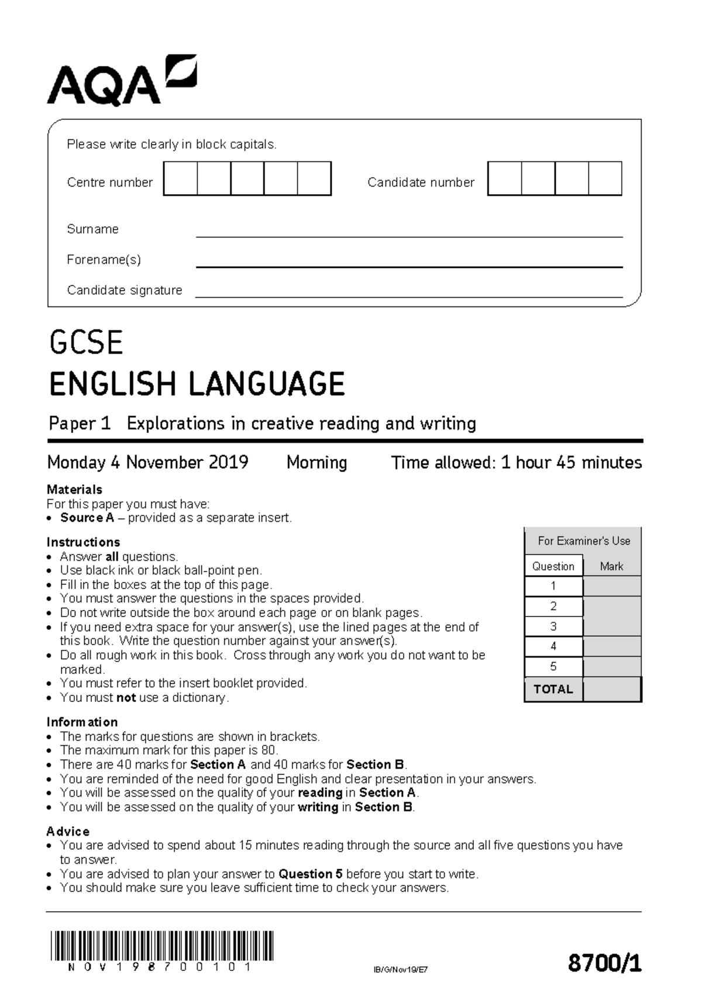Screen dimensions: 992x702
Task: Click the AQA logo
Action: coord(121,81)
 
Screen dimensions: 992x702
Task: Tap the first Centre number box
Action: coord(181,178)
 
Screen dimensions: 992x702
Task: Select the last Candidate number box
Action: coord(605,178)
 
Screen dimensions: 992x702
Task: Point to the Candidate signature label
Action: coord(125,290)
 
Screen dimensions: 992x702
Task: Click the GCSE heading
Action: coord(87,343)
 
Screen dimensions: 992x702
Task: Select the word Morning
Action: coord(316,463)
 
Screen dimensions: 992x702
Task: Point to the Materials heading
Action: coord(74,490)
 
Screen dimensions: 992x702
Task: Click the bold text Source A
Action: coord(87,518)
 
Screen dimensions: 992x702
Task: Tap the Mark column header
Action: coord(611,566)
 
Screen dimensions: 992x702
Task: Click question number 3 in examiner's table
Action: coord(553,626)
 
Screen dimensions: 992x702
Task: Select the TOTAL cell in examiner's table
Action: coord(553,689)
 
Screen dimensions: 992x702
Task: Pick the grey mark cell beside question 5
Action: coord(612,667)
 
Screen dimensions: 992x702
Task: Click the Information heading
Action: coord(82,722)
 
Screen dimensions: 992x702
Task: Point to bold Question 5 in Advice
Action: coord(310,874)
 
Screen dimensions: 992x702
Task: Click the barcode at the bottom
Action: coord(162,946)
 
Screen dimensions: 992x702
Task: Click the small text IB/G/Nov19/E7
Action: coord(401,970)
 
